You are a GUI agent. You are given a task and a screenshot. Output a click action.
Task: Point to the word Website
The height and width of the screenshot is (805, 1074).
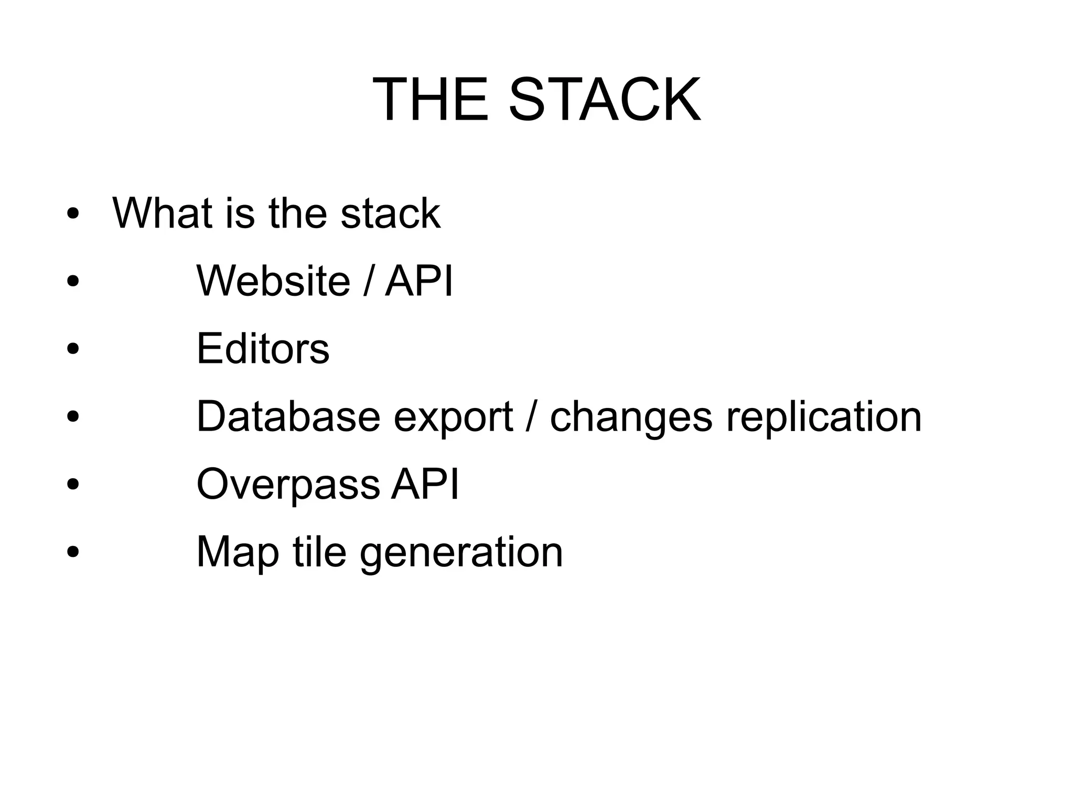(x=273, y=281)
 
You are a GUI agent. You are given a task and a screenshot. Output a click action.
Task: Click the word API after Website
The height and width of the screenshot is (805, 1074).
(x=418, y=281)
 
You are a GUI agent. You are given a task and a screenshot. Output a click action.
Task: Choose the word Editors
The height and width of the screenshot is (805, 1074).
(x=263, y=348)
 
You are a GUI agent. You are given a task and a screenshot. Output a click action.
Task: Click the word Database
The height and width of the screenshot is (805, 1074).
(x=288, y=416)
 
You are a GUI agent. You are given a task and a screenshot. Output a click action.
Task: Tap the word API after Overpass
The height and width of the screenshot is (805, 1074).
(x=425, y=484)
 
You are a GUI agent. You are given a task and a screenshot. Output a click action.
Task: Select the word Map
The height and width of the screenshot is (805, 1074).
(x=238, y=553)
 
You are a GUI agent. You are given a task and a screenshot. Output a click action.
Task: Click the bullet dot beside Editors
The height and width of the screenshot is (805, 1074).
(x=73, y=349)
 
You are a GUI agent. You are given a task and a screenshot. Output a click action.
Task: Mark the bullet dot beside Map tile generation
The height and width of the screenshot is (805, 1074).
(x=73, y=552)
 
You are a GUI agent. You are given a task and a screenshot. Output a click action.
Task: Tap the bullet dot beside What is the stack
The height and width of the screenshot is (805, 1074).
(x=73, y=213)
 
